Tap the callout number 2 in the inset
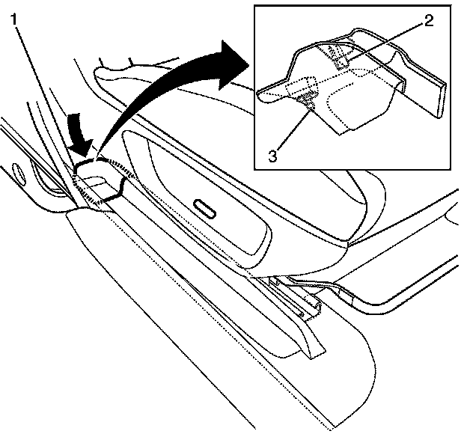pyautogui.click(x=427, y=22)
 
